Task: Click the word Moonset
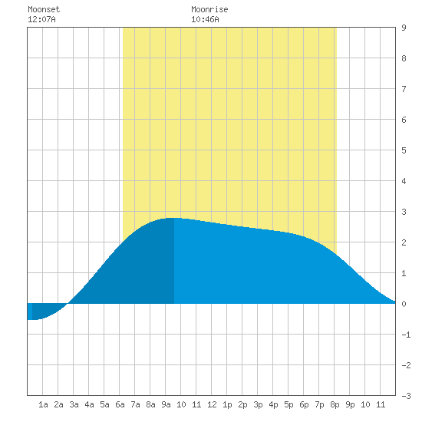coord(44,9)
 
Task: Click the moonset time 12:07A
coord(41,19)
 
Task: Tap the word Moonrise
coord(209,9)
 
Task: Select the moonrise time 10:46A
coord(205,19)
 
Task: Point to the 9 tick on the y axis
coord(404,28)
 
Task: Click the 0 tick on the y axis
coord(404,304)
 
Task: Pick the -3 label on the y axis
coord(406,396)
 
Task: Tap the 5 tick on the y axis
coord(404,150)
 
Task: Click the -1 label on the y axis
coord(406,335)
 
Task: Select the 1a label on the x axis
coord(43,404)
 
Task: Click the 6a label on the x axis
coord(120,404)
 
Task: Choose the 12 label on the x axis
coord(212,404)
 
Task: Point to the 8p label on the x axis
coord(335,404)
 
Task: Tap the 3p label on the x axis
coord(258,404)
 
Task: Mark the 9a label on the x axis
coord(166,404)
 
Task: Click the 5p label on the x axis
coord(288,404)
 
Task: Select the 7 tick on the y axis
coord(404,89)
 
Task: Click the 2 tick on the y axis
coord(404,242)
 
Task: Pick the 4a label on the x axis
coord(89,404)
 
